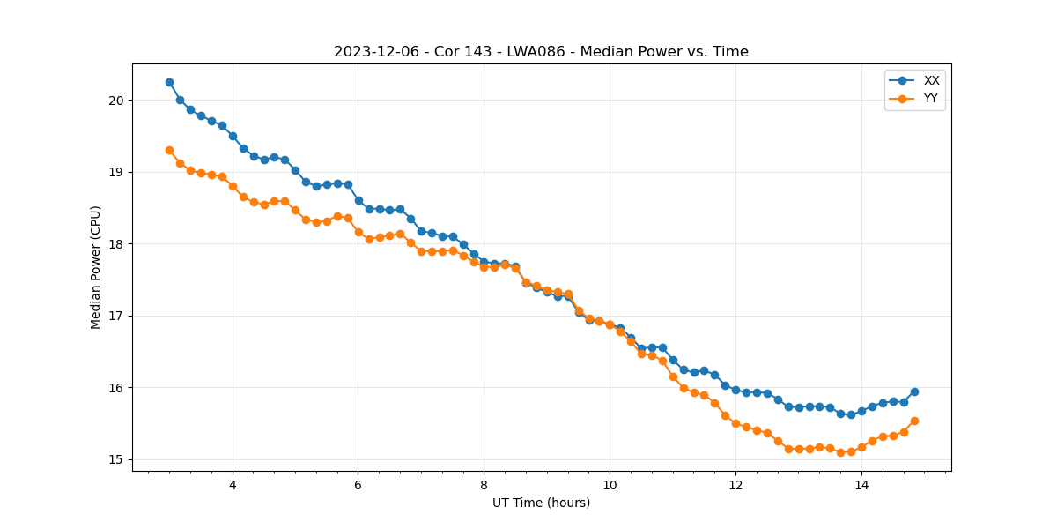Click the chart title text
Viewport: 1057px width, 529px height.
[541, 52]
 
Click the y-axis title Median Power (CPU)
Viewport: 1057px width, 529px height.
[96, 267]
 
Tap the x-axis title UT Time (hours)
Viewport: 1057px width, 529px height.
[541, 503]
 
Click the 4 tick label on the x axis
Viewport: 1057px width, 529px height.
[233, 484]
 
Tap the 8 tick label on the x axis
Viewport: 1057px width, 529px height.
[484, 484]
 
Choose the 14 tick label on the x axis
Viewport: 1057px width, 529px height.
[861, 484]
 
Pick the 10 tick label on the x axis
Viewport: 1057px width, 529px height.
[610, 484]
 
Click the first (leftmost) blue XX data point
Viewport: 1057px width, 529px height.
[169, 82]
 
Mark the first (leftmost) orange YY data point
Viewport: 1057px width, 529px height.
[169, 150]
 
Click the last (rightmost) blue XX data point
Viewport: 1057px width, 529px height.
[914, 391]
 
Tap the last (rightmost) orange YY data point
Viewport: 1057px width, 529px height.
[914, 421]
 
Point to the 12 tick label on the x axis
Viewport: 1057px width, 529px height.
[735, 484]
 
